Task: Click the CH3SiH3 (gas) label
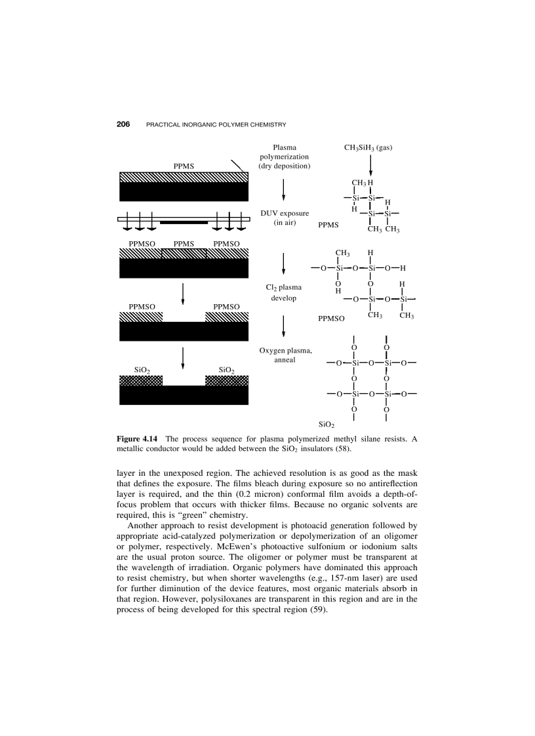(x=368, y=148)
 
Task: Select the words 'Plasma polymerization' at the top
(x=284, y=153)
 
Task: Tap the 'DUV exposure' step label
(x=285, y=214)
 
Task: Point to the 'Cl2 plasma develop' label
(x=283, y=292)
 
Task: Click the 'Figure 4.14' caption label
(x=138, y=438)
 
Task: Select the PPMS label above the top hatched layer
(x=184, y=166)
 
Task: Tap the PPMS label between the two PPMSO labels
(x=184, y=244)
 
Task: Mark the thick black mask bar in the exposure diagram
(x=184, y=223)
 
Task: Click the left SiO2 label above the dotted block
(x=142, y=370)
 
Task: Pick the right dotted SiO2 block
(x=227, y=381)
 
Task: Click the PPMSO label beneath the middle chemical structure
(x=332, y=319)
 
